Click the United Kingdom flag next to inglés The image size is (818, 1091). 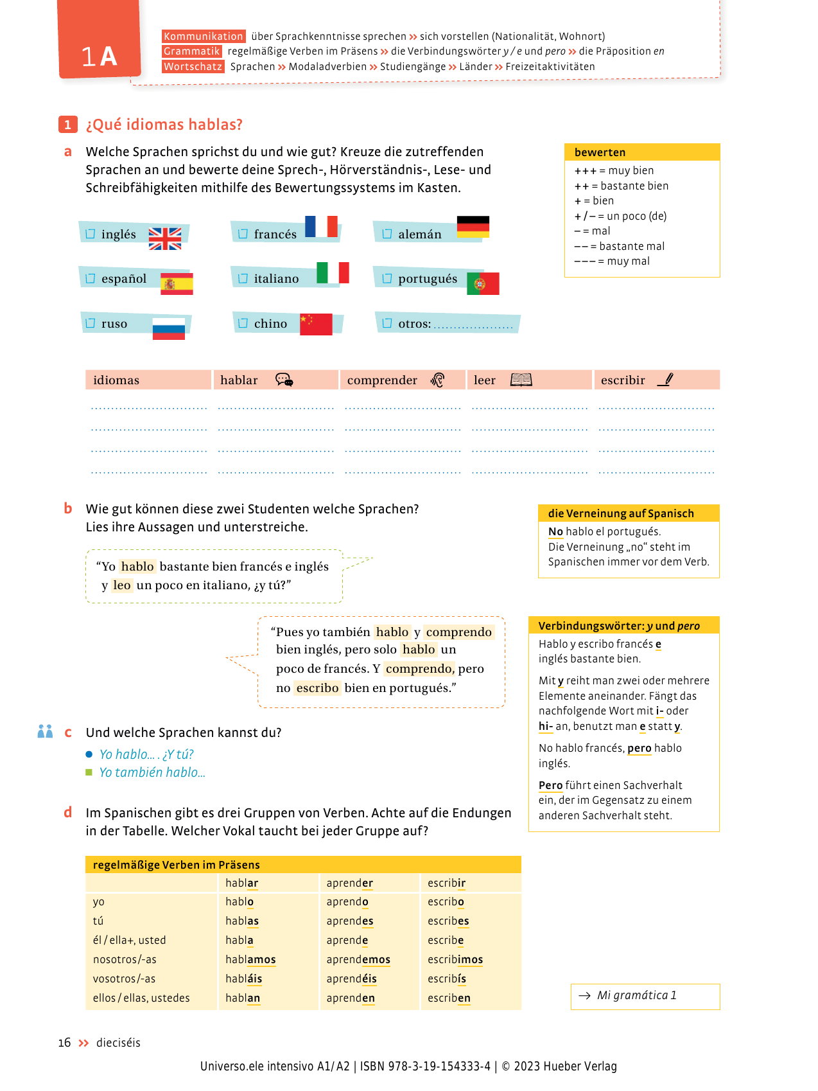click(165, 238)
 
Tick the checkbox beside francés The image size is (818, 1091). click(243, 234)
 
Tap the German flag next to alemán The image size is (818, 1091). click(473, 227)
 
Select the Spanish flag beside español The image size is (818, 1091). click(177, 283)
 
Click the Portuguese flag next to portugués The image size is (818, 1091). click(483, 283)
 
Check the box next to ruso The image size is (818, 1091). click(91, 323)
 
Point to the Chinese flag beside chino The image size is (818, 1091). click(316, 324)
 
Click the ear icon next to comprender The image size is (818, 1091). click(438, 380)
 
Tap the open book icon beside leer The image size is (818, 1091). click(521, 380)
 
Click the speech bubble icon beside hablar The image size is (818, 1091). click(284, 380)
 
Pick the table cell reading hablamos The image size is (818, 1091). click(250, 959)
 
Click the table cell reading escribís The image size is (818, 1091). click(447, 979)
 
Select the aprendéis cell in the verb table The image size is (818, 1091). click(351, 979)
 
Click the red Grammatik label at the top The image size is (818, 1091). click(192, 51)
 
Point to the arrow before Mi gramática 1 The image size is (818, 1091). click(584, 995)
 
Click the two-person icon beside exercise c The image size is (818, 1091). click(45, 731)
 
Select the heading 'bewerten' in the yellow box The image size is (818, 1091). click(600, 152)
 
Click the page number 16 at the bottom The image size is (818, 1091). click(64, 1042)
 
